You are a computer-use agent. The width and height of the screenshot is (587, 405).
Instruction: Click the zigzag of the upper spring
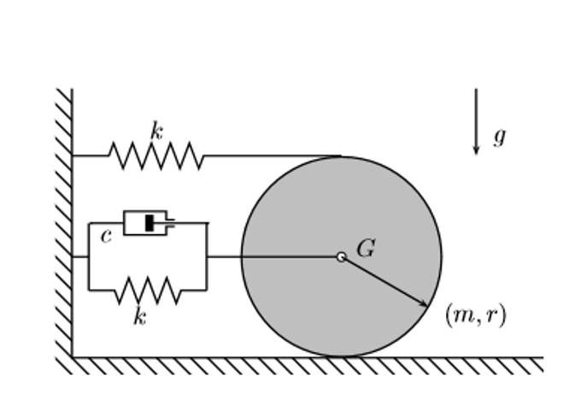156,156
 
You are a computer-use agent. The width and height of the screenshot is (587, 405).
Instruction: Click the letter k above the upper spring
156,131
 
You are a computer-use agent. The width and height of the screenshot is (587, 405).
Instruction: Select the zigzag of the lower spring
147,291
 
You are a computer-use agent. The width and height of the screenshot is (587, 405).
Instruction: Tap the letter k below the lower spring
139,317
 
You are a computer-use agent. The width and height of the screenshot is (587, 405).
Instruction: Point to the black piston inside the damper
150,223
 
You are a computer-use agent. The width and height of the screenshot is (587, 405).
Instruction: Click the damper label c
106,237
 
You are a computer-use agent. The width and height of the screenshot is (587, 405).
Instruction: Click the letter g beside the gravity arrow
499,136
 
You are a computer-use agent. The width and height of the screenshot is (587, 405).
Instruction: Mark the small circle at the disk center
341,256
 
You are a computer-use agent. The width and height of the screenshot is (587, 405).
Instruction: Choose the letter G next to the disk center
365,249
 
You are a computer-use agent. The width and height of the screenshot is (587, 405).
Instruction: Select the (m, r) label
475,315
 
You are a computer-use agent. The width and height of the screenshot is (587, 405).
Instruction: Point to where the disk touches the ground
341,356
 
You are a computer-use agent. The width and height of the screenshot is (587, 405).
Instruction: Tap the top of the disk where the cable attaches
341,156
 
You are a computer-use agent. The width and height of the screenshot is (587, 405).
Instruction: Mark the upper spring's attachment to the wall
73,156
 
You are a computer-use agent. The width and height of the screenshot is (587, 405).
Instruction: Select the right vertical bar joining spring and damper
207,256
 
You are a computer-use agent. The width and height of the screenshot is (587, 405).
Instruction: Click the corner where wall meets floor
73,357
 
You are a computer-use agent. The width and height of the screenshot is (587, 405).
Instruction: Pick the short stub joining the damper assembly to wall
80,256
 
